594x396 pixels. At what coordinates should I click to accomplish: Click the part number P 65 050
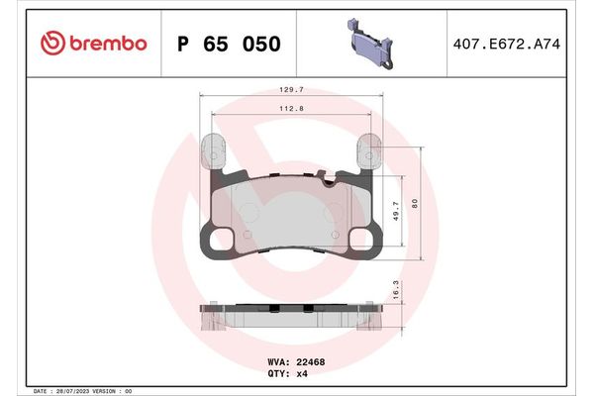[x=228, y=44]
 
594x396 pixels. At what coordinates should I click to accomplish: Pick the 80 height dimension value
[x=418, y=203]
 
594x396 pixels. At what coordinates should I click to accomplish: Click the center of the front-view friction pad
[x=290, y=213]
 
